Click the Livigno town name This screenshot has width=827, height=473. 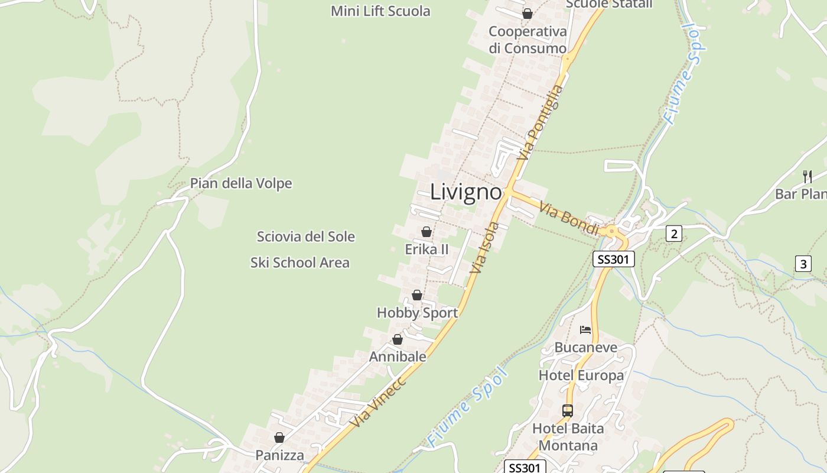466,192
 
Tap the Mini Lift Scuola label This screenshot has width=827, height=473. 380,11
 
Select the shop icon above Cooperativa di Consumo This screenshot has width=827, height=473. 527,14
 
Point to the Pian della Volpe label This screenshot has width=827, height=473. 241,183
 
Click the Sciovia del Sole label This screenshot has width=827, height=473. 306,237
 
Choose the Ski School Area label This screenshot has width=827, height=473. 300,263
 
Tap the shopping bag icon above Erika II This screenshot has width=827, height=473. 426,232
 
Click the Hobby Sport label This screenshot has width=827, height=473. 417,313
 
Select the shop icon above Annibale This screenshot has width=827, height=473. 398,339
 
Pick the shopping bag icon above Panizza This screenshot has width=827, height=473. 279,438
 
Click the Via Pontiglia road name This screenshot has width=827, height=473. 541,122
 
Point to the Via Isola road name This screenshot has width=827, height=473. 486,248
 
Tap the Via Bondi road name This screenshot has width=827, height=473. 569,218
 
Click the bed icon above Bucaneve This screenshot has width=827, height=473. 585,330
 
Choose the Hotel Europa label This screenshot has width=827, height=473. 581,375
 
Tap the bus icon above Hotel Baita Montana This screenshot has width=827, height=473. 568,410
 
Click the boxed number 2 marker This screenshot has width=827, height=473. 673,234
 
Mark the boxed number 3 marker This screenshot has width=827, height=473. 803,263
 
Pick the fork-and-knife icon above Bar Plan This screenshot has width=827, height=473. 808,176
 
